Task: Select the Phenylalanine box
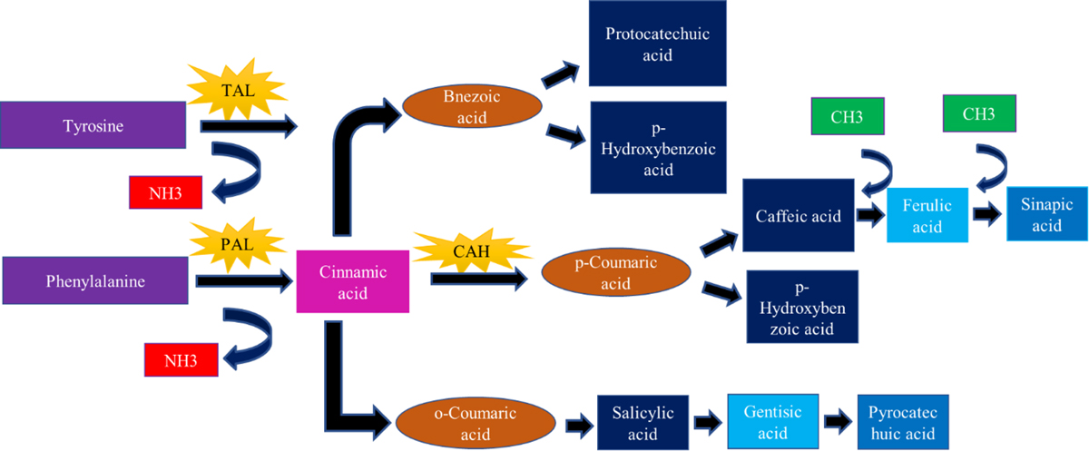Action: pyautogui.click(x=93, y=280)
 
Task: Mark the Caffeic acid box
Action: pyautogui.click(x=799, y=217)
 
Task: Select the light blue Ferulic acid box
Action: pyautogui.click(x=927, y=216)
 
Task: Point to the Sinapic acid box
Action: pyautogui.click(x=1046, y=215)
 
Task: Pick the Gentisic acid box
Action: pyautogui.click(x=773, y=421)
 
